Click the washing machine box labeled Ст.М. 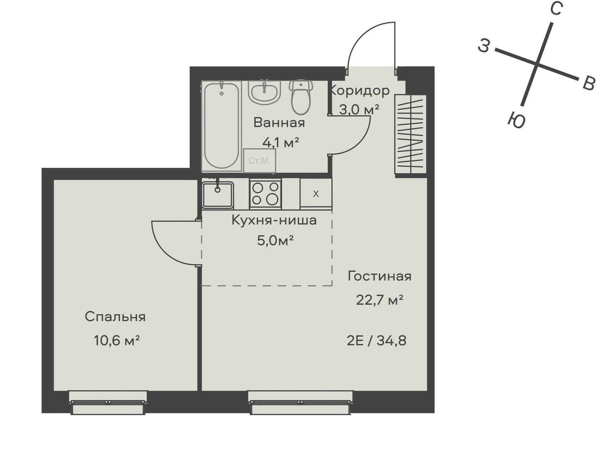(x=259, y=160)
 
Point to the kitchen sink (x=217, y=195)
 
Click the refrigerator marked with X (x=316, y=194)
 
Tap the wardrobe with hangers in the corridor (x=410, y=134)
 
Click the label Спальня (x=115, y=317)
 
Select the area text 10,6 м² (x=117, y=340)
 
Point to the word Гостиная (x=379, y=276)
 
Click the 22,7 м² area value (x=379, y=300)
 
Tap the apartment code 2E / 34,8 (x=376, y=341)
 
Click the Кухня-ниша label (x=274, y=220)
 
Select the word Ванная (x=279, y=123)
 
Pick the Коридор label (x=359, y=91)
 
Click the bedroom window (x=108, y=402)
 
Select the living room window (x=300, y=402)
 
